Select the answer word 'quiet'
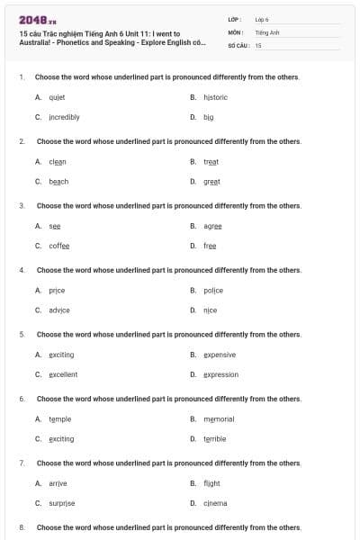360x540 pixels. [57, 96]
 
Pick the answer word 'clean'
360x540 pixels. [58, 161]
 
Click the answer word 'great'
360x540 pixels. [211, 181]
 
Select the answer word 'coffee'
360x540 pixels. [59, 246]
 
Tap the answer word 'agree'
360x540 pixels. [212, 226]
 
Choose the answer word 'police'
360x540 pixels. [212, 290]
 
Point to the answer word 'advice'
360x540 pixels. [59, 310]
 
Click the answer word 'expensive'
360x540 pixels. [220, 355]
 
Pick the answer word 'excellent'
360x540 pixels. [63, 374]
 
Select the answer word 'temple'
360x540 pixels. [60, 418]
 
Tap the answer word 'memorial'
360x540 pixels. [219, 418]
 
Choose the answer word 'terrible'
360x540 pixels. [215, 438]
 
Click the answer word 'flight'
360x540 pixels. [211, 483]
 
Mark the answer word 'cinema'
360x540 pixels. [215, 503]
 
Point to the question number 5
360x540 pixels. [21, 334]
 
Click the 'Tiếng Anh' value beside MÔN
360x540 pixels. [267, 31]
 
